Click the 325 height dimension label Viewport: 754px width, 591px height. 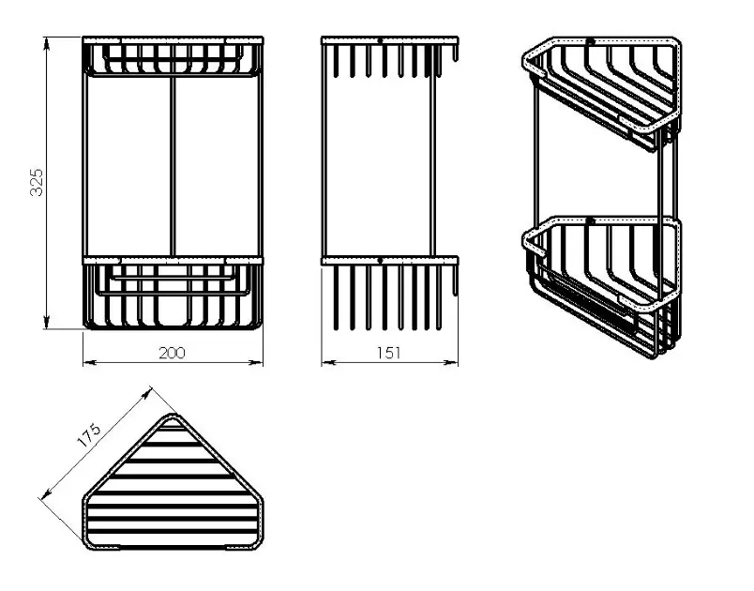tap(37, 182)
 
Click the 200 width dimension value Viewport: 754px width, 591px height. tap(172, 353)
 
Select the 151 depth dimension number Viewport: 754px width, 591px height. tap(388, 353)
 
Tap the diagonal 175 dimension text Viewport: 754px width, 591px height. tap(90, 434)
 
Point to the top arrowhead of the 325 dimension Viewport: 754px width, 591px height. tap(47, 44)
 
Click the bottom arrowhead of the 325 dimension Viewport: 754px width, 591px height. tap(47, 322)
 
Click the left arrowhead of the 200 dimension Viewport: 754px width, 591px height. tap(90, 362)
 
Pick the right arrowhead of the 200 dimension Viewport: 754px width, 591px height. tap(256, 362)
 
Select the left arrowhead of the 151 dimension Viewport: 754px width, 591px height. tap(328, 362)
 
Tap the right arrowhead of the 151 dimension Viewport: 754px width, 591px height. tap(450, 362)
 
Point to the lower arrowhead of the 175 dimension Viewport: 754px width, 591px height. tap(47, 492)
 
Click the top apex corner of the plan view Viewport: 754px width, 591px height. tap(173, 414)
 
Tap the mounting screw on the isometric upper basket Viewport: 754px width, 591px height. tap(590, 41)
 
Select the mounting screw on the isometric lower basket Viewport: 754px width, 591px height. tap(591, 221)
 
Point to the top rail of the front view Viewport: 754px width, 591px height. tap(173, 40)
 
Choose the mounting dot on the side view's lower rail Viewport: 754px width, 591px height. tap(380, 261)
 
